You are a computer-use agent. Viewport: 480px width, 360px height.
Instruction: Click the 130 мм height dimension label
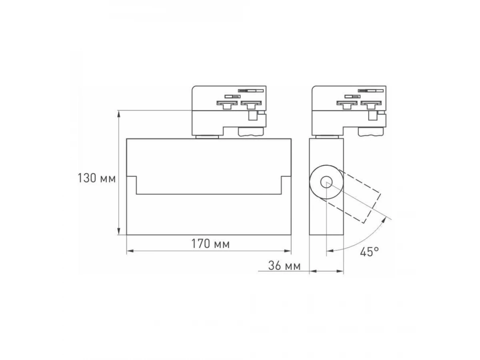pos(96,178)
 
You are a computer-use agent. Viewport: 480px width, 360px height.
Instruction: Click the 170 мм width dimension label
pos(210,244)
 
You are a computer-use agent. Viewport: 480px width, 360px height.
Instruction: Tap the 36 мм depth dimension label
pos(284,266)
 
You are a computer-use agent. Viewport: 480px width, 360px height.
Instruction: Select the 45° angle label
pos(369,252)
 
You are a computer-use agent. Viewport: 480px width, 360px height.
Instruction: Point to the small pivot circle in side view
pos(326,182)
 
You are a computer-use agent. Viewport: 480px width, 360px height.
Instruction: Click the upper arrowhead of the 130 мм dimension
pos(119,114)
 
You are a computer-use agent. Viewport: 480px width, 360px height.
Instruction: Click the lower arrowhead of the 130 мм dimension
pos(119,231)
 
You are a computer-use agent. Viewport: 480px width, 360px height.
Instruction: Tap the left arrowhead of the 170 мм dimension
pos(130,251)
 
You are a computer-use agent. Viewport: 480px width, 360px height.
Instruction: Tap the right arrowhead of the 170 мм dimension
pos(287,251)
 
